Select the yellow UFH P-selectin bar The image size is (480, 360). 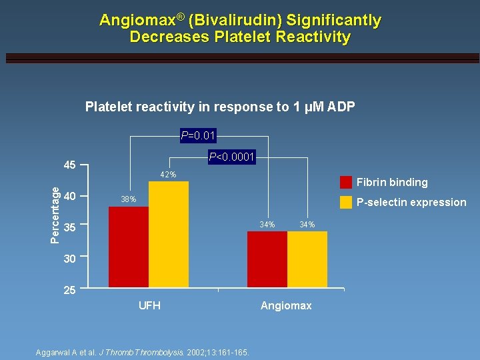(x=169, y=234)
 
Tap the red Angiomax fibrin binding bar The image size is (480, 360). (x=267, y=259)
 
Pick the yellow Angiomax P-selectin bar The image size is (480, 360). (x=307, y=259)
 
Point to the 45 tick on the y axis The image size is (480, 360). (x=69, y=165)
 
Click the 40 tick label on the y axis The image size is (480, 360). (x=69, y=196)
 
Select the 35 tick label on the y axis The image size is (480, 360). (x=69, y=227)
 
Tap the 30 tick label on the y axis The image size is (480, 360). (x=69, y=259)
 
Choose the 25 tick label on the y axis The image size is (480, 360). (x=69, y=290)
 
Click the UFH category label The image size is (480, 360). (x=149, y=305)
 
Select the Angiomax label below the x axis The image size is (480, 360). (x=286, y=305)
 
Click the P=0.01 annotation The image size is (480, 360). (x=198, y=137)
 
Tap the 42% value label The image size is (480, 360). (x=168, y=175)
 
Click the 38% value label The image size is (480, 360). (x=128, y=199)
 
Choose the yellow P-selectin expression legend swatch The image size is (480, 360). (x=346, y=203)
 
